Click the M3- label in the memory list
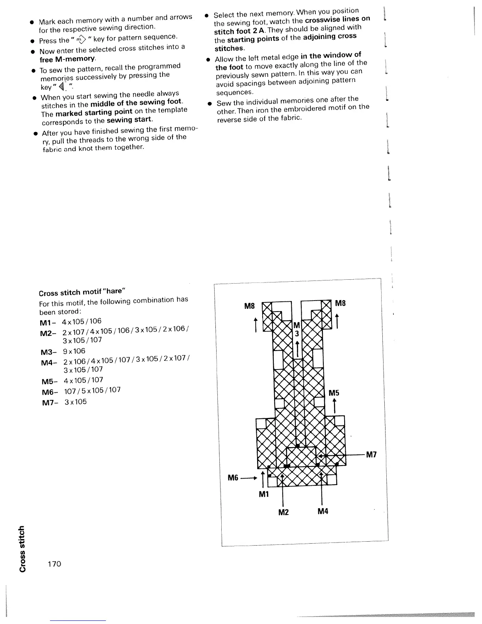(49, 352)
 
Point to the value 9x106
(74, 351)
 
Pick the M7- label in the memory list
(50, 403)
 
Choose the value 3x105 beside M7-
(76, 402)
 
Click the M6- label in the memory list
(50, 392)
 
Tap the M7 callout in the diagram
(371, 455)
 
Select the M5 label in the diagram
(334, 393)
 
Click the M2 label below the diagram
(284, 512)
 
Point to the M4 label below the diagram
(323, 512)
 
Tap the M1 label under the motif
(263, 494)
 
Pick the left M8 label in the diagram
(250, 305)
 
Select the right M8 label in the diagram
(340, 303)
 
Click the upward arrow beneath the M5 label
(334, 405)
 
